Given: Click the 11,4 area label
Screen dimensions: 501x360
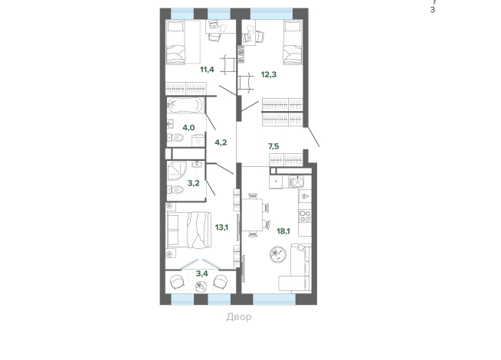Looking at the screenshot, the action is coord(207,69).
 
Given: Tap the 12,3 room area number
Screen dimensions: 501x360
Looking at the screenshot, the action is coord(269,74).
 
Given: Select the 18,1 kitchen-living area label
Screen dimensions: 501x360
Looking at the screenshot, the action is coord(283,231).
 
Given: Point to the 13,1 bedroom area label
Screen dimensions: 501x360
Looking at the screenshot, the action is coord(221,227).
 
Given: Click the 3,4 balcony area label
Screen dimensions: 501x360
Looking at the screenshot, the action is coord(202,273).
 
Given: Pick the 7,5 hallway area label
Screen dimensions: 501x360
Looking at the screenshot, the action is coord(273,146).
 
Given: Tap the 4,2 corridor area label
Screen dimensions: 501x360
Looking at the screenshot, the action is coord(221,142).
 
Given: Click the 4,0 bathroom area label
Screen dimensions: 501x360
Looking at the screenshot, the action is coord(188,128).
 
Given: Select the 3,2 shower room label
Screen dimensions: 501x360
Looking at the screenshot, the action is coord(193,183).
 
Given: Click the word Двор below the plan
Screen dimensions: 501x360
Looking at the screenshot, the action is coord(239,317).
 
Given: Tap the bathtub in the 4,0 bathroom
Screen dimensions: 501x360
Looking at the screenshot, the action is coord(185,105).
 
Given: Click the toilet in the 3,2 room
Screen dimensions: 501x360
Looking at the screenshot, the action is coord(175,190).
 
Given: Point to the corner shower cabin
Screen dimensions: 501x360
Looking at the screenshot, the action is coord(176,171).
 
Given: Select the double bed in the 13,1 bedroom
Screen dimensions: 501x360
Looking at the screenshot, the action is coord(189,230).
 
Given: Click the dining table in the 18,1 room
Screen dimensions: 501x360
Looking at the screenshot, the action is coord(252,214).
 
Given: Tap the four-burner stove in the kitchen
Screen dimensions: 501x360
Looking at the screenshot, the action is coord(305,216).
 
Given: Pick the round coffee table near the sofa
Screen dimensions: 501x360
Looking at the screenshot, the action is coord(277,254).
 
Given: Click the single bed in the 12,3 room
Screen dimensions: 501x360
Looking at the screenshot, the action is coord(293,42).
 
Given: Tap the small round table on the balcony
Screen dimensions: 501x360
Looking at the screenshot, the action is coord(201,286).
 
